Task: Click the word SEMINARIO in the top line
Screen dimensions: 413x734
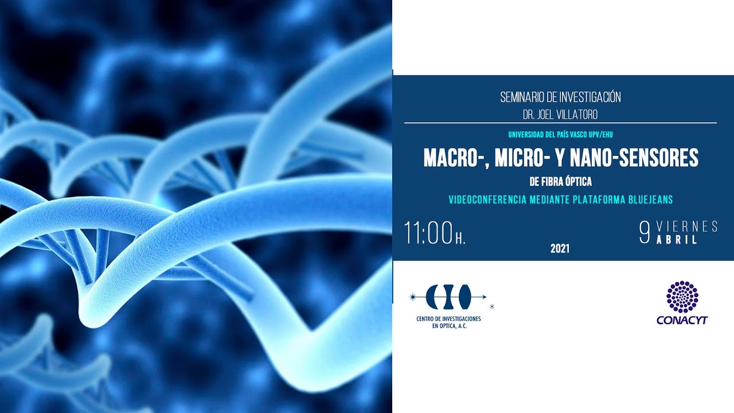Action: (522, 97)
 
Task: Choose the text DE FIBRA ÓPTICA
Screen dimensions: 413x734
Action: (560, 182)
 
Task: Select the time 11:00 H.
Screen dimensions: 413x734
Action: (434, 233)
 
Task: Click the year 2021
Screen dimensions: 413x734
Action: (560, 249)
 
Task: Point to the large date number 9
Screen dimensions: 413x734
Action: (645, 233)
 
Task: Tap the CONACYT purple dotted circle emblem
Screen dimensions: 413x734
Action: (682, 297)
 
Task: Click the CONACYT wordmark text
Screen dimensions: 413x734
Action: (682, 320)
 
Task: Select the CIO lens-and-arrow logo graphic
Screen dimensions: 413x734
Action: (448, 297)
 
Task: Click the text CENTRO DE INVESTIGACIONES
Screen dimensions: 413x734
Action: (448, 318)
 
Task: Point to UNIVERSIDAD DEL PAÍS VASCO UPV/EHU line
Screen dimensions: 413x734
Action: (560, 135)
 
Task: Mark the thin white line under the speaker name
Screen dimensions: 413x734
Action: (560, 123)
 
